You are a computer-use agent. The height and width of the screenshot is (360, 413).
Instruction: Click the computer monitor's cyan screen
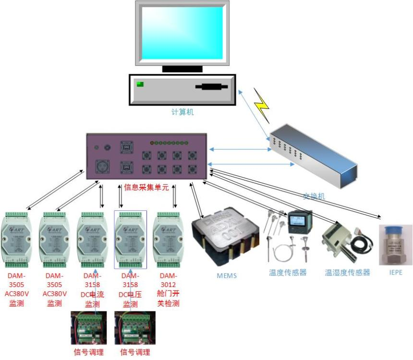click(182, 33)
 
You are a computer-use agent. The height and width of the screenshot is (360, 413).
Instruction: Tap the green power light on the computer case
click(140, 85)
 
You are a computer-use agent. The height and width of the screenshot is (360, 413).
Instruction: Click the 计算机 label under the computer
click(182, 112)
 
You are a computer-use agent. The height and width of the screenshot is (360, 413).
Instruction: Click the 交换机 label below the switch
click(314, 196)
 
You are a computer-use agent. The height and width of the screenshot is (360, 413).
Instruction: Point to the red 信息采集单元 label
click(146, 188)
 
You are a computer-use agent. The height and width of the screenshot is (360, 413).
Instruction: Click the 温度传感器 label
click(288, 273)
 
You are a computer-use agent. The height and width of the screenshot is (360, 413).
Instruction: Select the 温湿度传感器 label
click(347, 273)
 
